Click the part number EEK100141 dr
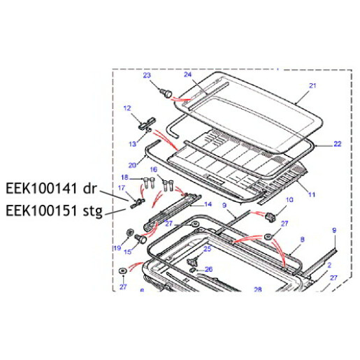point(50,189)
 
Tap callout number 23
point(147,75)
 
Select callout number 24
point(188,75)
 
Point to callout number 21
point(312,86)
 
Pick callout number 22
point(337,145)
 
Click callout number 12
point(127,108)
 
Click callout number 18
point(125,178)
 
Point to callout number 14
point(208,205)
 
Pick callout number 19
point(116,247)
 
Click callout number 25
point(207,248)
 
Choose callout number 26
point(207,269)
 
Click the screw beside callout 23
point(167,92)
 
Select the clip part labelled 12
point(146,124)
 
